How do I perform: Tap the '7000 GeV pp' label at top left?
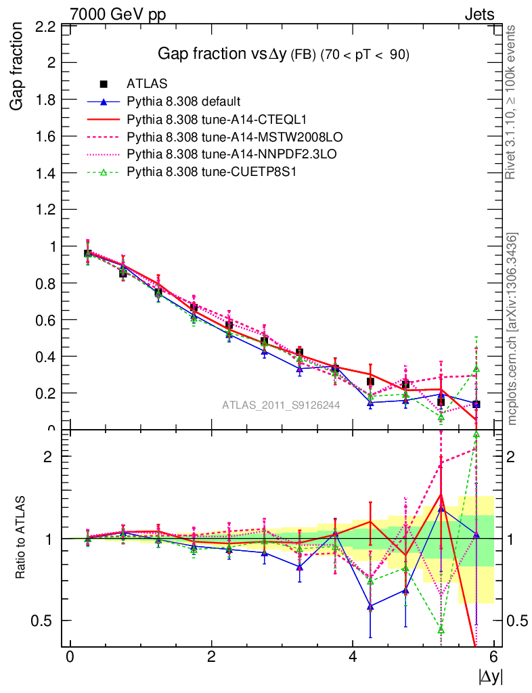(118, 14)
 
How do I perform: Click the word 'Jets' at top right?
(479, 14)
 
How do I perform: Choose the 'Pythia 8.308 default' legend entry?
(183, 102)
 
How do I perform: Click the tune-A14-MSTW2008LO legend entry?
(211, 137)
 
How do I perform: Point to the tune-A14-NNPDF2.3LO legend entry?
(212, 155)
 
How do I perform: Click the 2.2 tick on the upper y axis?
(45, 27)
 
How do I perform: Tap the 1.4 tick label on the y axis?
(45, 173)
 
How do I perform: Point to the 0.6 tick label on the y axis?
(45, 319)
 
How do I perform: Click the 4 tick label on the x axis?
(353, 657)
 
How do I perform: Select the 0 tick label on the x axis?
(70, 657)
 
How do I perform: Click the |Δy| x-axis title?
(490, 676)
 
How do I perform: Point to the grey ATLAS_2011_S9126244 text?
(281, 405)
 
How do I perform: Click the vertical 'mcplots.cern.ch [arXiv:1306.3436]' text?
(513, 329)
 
